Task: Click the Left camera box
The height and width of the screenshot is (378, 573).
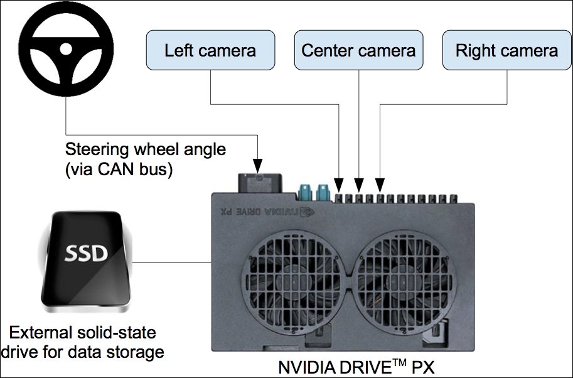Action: click(x=210, y=50)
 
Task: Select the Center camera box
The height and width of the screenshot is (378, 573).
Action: click(x=359, y=50)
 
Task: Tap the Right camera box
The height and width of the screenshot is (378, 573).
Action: click(x=507, y=50)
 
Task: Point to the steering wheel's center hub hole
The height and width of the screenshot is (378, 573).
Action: click(x=66, y=49)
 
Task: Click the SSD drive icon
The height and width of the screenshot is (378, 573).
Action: click(x=86, y=262)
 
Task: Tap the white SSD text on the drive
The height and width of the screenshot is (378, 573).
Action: click(x=86, y=253)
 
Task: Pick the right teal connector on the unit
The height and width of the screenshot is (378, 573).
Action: click(x=323, y=192)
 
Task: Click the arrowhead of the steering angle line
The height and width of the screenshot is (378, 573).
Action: click(x=258, y=166)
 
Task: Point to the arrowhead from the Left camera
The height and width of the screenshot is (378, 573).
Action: click(x=339, y=185)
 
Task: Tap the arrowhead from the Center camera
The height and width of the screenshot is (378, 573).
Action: click(x=359, y=185)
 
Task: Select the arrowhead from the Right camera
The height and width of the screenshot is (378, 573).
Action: click(x=380, y=185)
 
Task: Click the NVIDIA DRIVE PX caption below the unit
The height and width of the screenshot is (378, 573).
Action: click(x=356, y=367)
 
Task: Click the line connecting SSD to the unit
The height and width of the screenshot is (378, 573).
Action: click(x=172, y=262)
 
